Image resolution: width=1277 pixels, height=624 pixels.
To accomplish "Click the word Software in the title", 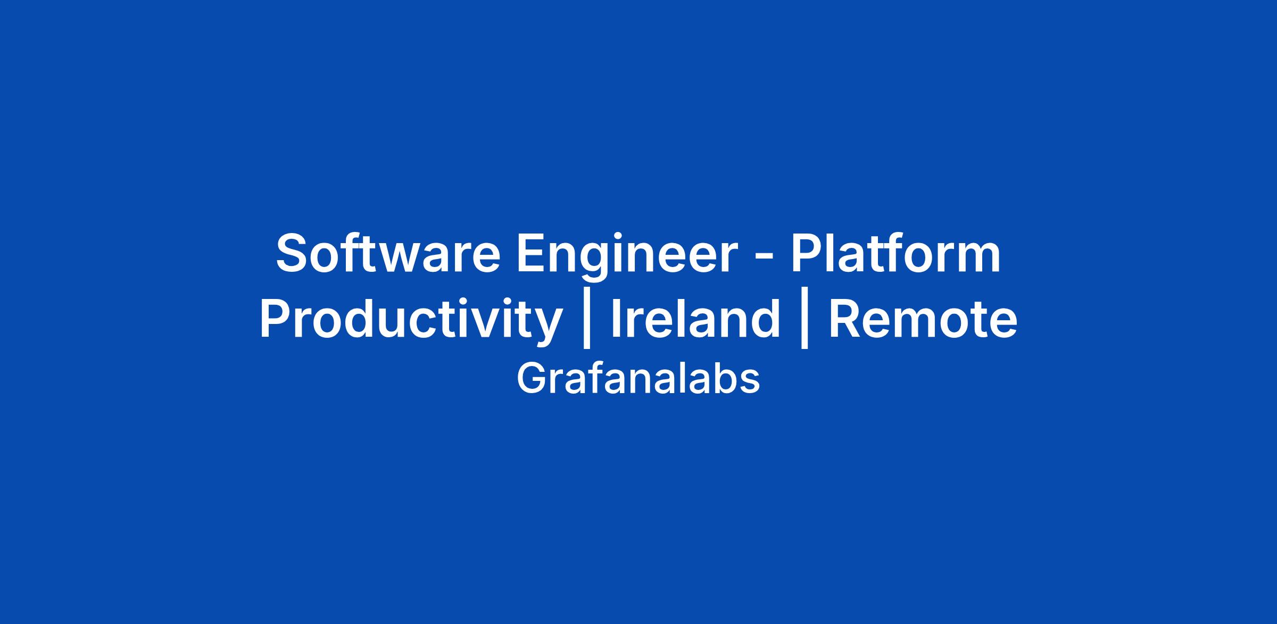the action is point(388,253).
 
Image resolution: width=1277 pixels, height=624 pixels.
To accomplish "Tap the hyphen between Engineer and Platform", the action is point(761,257).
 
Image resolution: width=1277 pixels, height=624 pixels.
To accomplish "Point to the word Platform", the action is point(895,253).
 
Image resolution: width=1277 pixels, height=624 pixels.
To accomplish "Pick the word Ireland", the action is point(695,319).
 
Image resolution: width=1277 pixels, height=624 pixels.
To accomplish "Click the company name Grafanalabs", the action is point(638,379).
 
